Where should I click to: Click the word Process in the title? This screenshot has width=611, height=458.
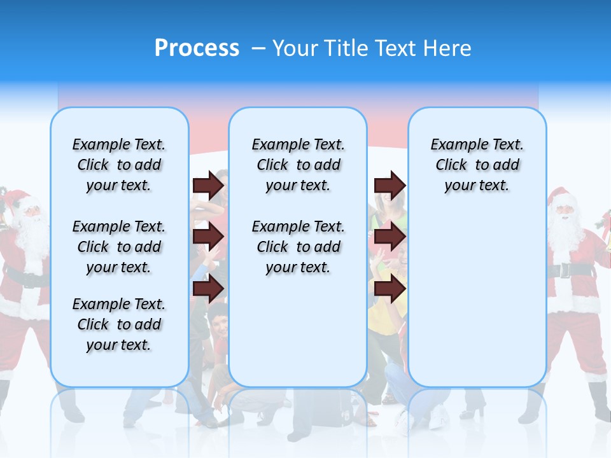click(197, 48)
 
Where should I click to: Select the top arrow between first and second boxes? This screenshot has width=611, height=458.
click(209, 185)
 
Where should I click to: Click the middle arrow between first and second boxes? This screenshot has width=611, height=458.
click(209, 237)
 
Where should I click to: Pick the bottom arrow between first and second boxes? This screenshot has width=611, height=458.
click(209, 288)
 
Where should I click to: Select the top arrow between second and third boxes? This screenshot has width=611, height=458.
click(390, 185)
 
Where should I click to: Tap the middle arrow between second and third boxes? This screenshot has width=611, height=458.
click(390, 237)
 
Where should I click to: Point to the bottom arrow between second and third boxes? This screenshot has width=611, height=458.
click(390, 288)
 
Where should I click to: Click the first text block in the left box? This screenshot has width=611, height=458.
click(119, 165)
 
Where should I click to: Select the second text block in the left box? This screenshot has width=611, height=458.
click(119, 247)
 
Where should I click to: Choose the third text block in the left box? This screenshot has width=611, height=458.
click(119, 324)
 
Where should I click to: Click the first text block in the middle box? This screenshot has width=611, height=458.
click(298, 165)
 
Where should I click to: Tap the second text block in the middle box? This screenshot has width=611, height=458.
click(298, 247)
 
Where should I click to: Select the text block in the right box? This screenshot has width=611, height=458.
click(477, 165)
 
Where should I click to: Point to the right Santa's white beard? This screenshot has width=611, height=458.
click(564, 233)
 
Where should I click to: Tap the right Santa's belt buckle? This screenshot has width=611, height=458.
click(564, 270)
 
